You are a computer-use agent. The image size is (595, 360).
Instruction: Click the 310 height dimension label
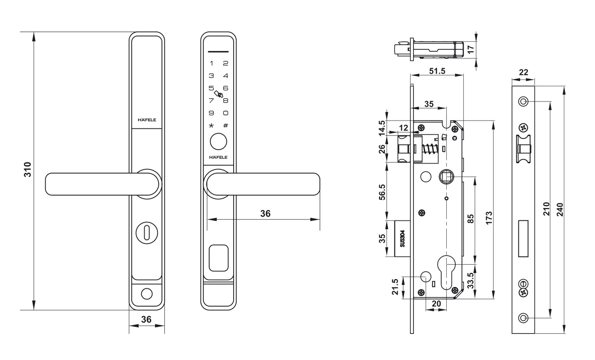27,170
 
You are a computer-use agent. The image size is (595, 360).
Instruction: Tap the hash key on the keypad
225,126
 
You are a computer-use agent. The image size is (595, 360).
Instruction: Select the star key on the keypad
211,126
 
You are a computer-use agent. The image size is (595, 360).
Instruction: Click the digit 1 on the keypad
211,63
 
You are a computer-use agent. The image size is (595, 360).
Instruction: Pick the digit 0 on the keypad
225,113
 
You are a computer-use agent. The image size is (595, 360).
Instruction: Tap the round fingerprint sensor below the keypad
218,142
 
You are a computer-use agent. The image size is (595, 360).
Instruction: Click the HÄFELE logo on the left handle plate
147,120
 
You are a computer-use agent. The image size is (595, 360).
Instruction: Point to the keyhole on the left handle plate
146,232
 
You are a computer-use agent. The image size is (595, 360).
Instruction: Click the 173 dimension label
489,218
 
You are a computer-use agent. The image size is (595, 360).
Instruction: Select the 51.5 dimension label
437,71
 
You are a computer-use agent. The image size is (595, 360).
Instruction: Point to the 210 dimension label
546,209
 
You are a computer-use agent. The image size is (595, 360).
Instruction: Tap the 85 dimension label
470,219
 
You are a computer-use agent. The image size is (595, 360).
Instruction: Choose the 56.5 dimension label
382,192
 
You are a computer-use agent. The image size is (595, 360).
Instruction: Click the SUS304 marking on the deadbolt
402,239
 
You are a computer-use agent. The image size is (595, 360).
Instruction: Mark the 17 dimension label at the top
470,49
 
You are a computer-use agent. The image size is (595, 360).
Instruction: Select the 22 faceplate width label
523,72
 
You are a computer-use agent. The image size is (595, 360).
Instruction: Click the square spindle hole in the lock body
446,177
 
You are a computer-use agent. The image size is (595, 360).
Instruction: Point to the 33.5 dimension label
470,281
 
